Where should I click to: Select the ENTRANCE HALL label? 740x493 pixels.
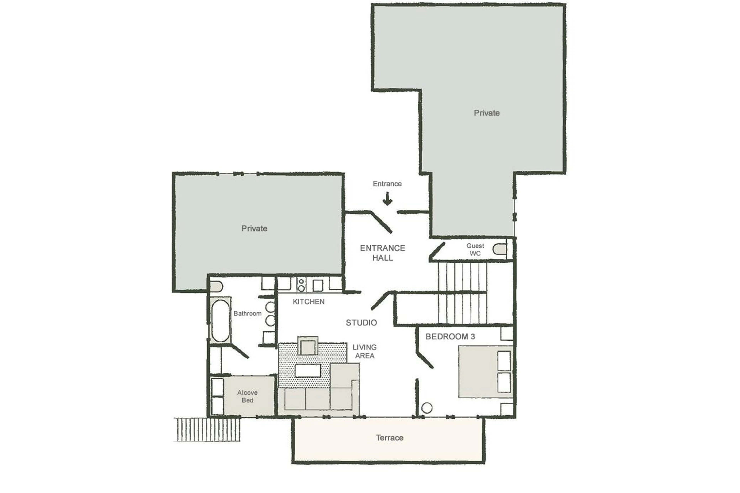[382, 253]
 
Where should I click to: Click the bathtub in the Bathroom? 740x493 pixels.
[220, 321]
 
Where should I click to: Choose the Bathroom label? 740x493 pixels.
[247, 313]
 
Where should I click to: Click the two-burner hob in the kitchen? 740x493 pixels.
[301, 285]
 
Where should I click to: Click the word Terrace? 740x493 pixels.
[389, 438]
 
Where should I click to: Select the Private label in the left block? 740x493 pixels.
[254, 228]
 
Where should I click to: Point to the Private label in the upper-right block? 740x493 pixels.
[487, 113]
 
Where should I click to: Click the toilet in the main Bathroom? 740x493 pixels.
[216, 287]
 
